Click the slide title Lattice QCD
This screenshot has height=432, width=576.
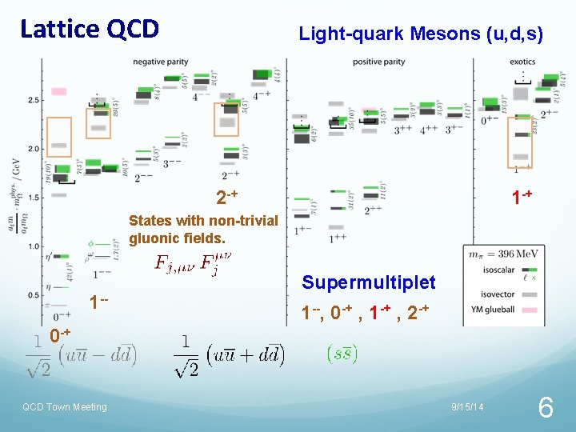coord(90,29)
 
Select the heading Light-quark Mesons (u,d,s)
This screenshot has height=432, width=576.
coord(421,34)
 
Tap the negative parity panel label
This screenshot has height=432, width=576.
coord(167,62)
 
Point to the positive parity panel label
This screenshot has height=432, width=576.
coord(379,62)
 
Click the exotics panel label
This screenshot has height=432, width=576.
coord(522,62)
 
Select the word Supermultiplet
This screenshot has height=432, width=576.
coord(369,282)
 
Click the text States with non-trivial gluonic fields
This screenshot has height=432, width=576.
coord(203,229)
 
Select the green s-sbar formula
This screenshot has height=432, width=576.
coord(343,353)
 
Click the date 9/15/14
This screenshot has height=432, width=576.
coord(467,407)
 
